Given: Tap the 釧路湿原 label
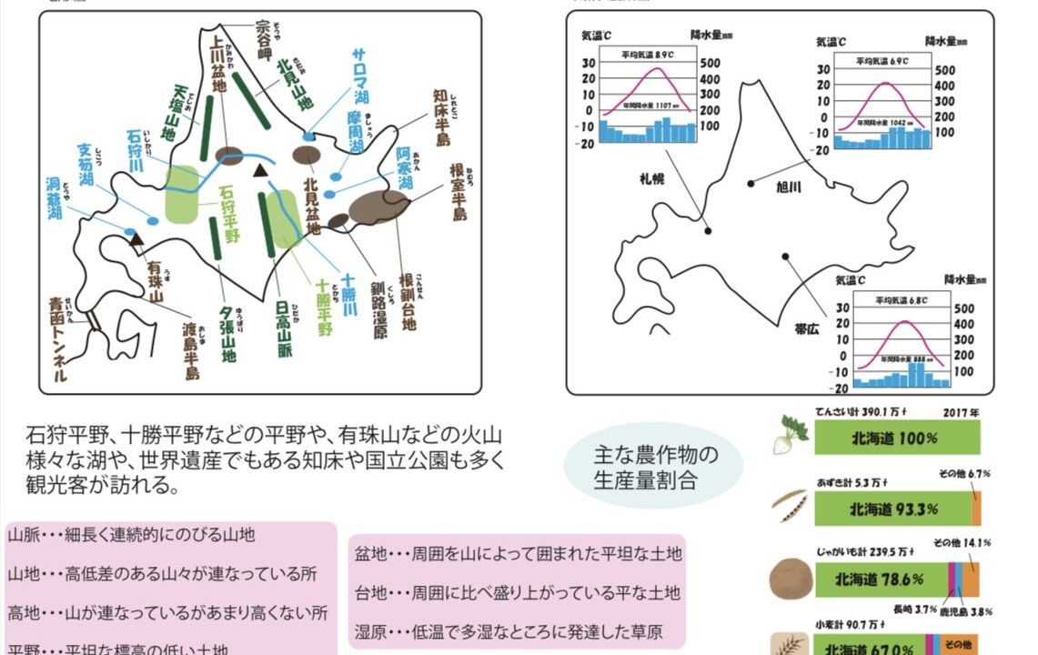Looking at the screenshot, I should (378, 309).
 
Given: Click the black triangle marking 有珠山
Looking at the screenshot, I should (136, 240).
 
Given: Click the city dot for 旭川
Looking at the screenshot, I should (751, 183).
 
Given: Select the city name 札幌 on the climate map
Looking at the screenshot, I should (651, 178).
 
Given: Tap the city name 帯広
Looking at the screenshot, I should (806, 329).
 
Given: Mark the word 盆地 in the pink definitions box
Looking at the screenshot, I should (371, 553).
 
